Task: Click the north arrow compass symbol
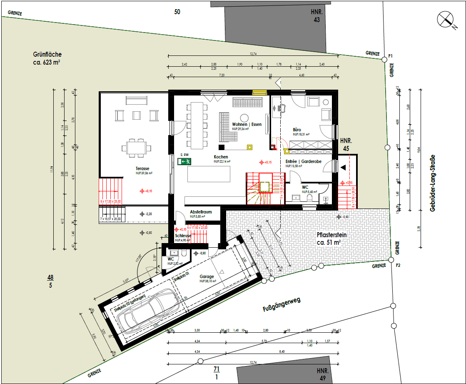pos(445,20)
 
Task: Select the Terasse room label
pos(142,168)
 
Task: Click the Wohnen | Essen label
pos(247,124)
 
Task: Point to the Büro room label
pos(297,130)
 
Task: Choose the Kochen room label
pos(221,157)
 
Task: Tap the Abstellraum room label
pos(201,212)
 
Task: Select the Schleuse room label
pos(183,236)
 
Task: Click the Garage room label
pos(207,276)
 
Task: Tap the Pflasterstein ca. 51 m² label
pos(331,238)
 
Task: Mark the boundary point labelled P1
pos(384,60)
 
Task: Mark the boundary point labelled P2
pos(391,259)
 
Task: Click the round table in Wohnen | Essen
pos(244,117)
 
